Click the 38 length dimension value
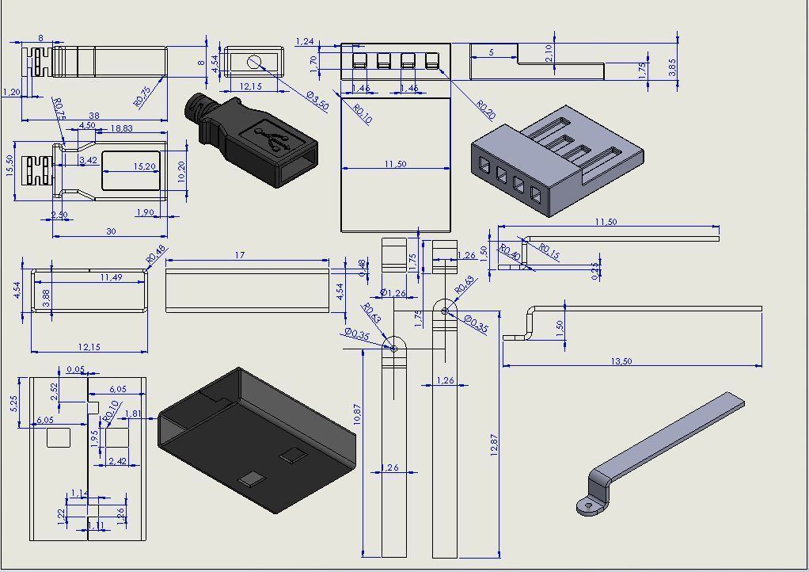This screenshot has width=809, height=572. coord(93,114)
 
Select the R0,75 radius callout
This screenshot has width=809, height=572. coord(143,96)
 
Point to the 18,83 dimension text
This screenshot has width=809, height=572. coord(121,128)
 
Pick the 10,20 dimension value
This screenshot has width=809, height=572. coord(182,171)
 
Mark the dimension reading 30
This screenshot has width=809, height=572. coord(110,231)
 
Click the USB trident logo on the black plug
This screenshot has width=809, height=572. coord(277,140)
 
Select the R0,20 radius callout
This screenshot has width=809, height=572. coord(486,110)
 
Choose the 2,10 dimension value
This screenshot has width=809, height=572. coord(549,52)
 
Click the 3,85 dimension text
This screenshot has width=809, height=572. coord(673,67)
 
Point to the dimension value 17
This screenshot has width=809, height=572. coord(240,255)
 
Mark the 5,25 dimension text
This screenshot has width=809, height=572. coord(13,404)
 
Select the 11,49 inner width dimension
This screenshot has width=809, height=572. coord(111,277)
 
